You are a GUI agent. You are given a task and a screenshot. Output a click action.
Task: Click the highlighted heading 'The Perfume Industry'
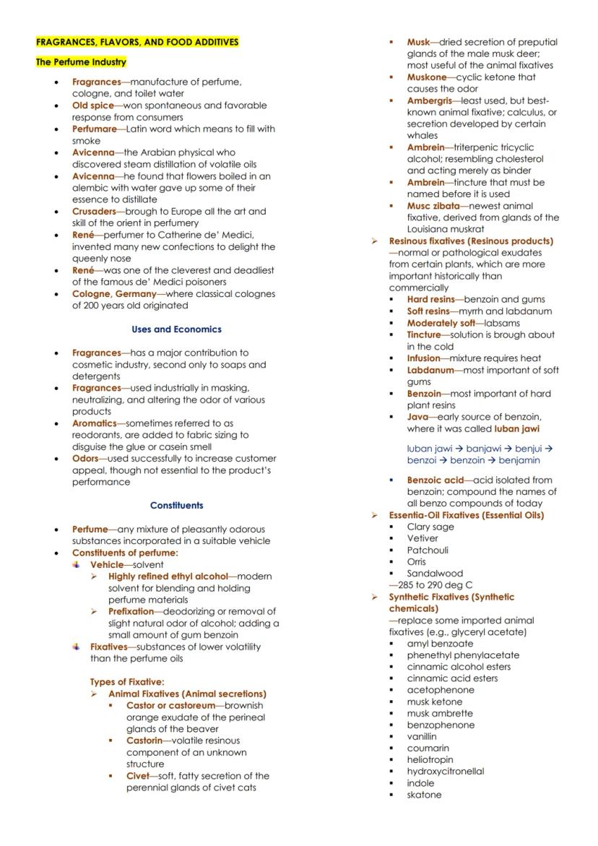[81, 62]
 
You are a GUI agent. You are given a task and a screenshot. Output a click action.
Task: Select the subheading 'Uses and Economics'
[176, 329]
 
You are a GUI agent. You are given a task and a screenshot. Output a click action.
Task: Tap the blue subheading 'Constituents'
[176, 506]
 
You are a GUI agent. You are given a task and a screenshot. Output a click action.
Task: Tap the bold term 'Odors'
[85, 459]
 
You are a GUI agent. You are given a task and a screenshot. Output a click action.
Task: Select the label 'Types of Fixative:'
[127, 682]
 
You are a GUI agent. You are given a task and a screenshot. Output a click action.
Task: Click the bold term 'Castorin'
[144, 741]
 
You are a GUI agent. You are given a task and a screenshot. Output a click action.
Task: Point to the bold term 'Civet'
[137, 776]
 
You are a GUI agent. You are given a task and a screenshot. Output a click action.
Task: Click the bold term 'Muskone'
[427, 77]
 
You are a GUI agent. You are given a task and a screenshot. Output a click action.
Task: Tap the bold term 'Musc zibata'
[433, 206]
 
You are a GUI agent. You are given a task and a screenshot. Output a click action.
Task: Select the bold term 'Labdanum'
[430, 370]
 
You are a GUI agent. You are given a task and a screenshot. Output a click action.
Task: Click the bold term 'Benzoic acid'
[435, 480]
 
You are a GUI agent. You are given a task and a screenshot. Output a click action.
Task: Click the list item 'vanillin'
[422, 736]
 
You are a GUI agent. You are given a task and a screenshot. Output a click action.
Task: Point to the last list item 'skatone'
[424, 795]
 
